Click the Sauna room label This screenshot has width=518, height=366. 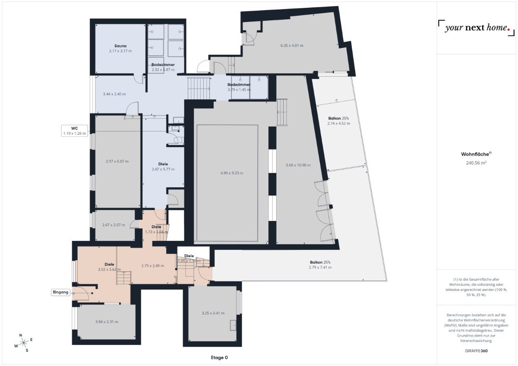click(x=120, y=46)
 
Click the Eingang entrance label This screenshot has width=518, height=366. click(x=60, y=292)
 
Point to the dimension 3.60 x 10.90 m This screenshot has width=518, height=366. click(x=298, y=165)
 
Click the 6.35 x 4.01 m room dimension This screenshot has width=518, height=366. click(x=292, y=45)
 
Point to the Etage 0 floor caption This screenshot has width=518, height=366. click(x=219, y=357)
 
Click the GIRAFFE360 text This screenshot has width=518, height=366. click(x=476, y=351)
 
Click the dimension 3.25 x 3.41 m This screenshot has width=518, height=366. click(x=213, y=313)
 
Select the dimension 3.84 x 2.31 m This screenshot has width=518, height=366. click(x=106, y=322)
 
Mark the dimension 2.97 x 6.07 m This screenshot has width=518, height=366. click(x=117, y=161)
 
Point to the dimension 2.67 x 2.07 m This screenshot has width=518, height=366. click(x=114, y=225)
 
